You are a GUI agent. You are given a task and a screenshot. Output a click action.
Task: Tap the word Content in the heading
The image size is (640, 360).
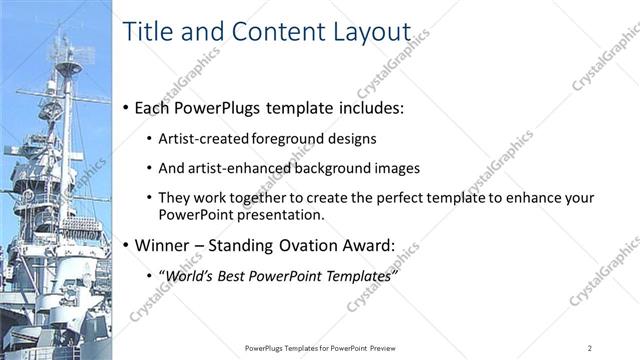coord(275,32)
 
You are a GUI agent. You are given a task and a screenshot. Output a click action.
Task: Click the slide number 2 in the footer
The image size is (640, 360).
coord(591,347)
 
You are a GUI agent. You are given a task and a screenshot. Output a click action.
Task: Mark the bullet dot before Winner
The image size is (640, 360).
coord(124,246)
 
